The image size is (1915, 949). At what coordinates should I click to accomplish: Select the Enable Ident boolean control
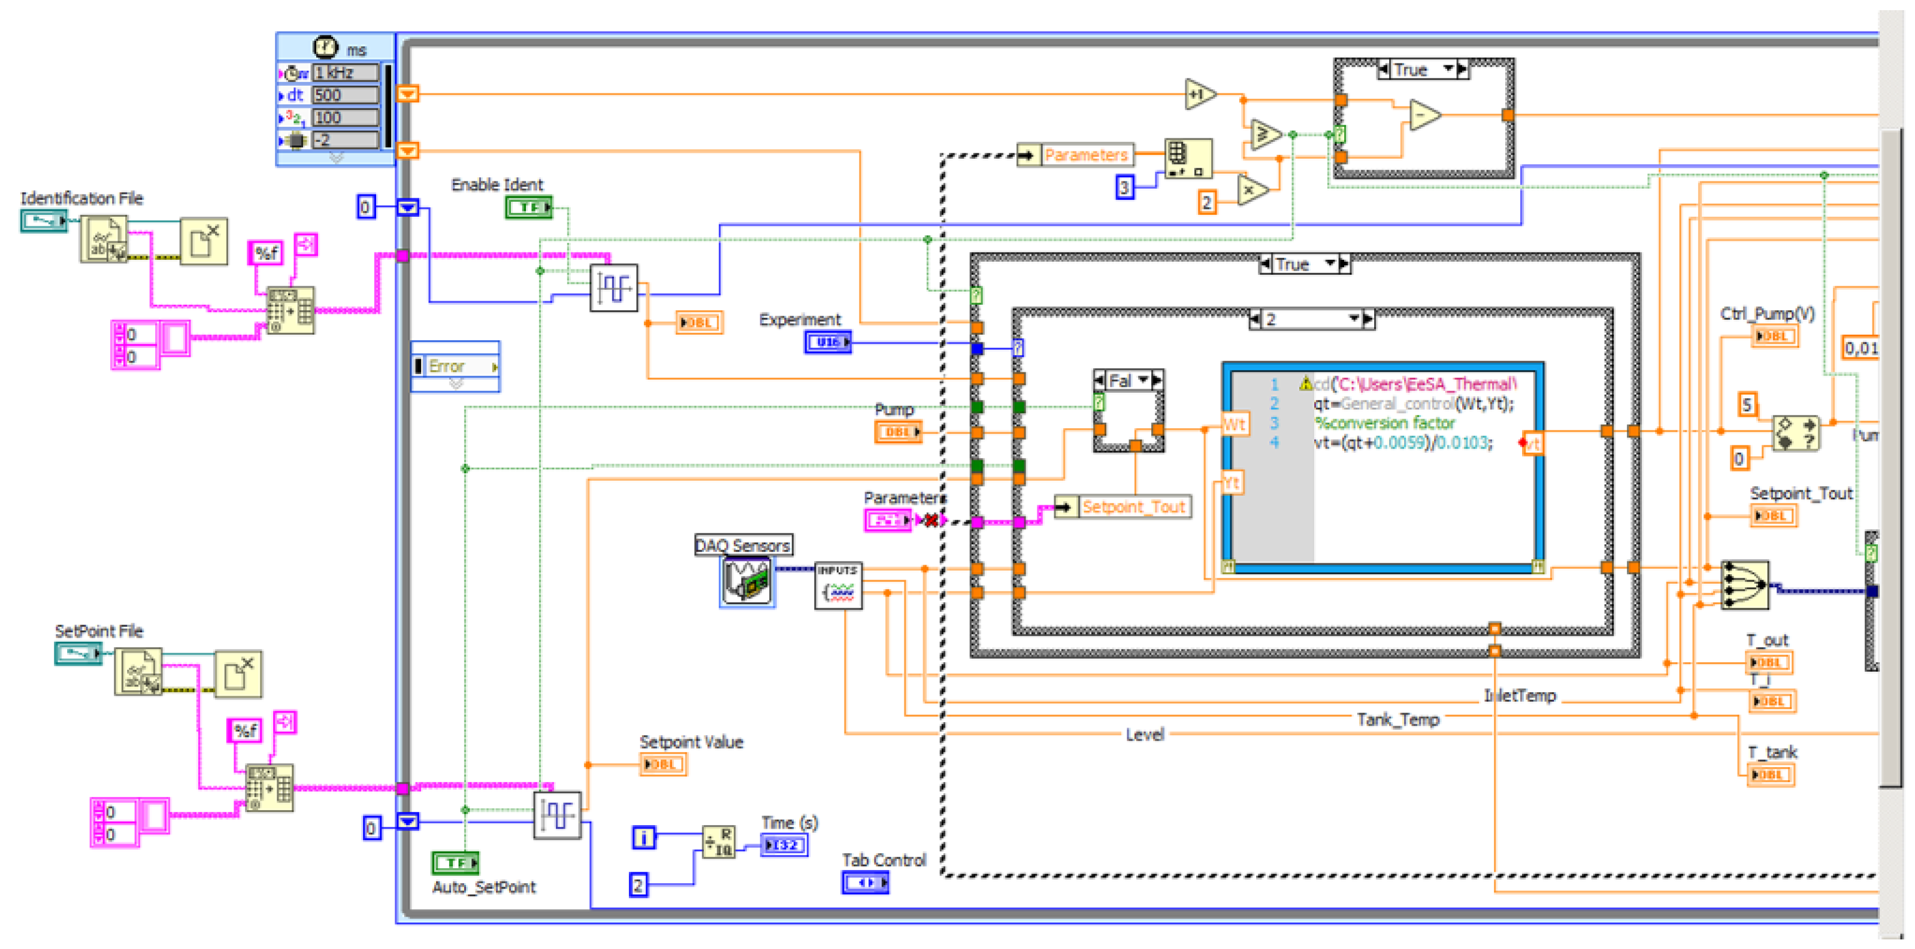click(x=528, y=207)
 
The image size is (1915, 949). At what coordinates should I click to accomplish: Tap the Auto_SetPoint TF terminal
click(x=455, y=862)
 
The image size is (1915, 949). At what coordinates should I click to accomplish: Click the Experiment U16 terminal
click(x=827, y=342)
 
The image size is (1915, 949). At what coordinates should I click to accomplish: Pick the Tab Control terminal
click(x=864, y=883)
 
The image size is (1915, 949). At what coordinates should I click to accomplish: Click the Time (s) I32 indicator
click(x=783, y=845)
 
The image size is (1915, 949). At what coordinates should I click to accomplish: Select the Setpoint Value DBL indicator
click(x=662, y=764)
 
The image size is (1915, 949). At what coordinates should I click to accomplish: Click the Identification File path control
click(x=43, y=221)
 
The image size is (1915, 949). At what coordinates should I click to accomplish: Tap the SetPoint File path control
click(x=77, y=653)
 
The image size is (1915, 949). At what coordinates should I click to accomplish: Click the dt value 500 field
click(x=345, y=95)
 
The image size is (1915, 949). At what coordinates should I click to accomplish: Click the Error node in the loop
click(x=455, y=366)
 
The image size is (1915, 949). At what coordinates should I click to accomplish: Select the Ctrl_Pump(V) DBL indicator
click(x=1774, y=336)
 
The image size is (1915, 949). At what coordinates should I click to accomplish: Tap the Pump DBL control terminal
click(x=897, y=432)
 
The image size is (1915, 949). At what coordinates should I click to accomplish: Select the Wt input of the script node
click(x=1233, y=425)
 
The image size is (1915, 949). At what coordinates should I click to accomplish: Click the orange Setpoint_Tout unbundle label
click(x=1132, y=507)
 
